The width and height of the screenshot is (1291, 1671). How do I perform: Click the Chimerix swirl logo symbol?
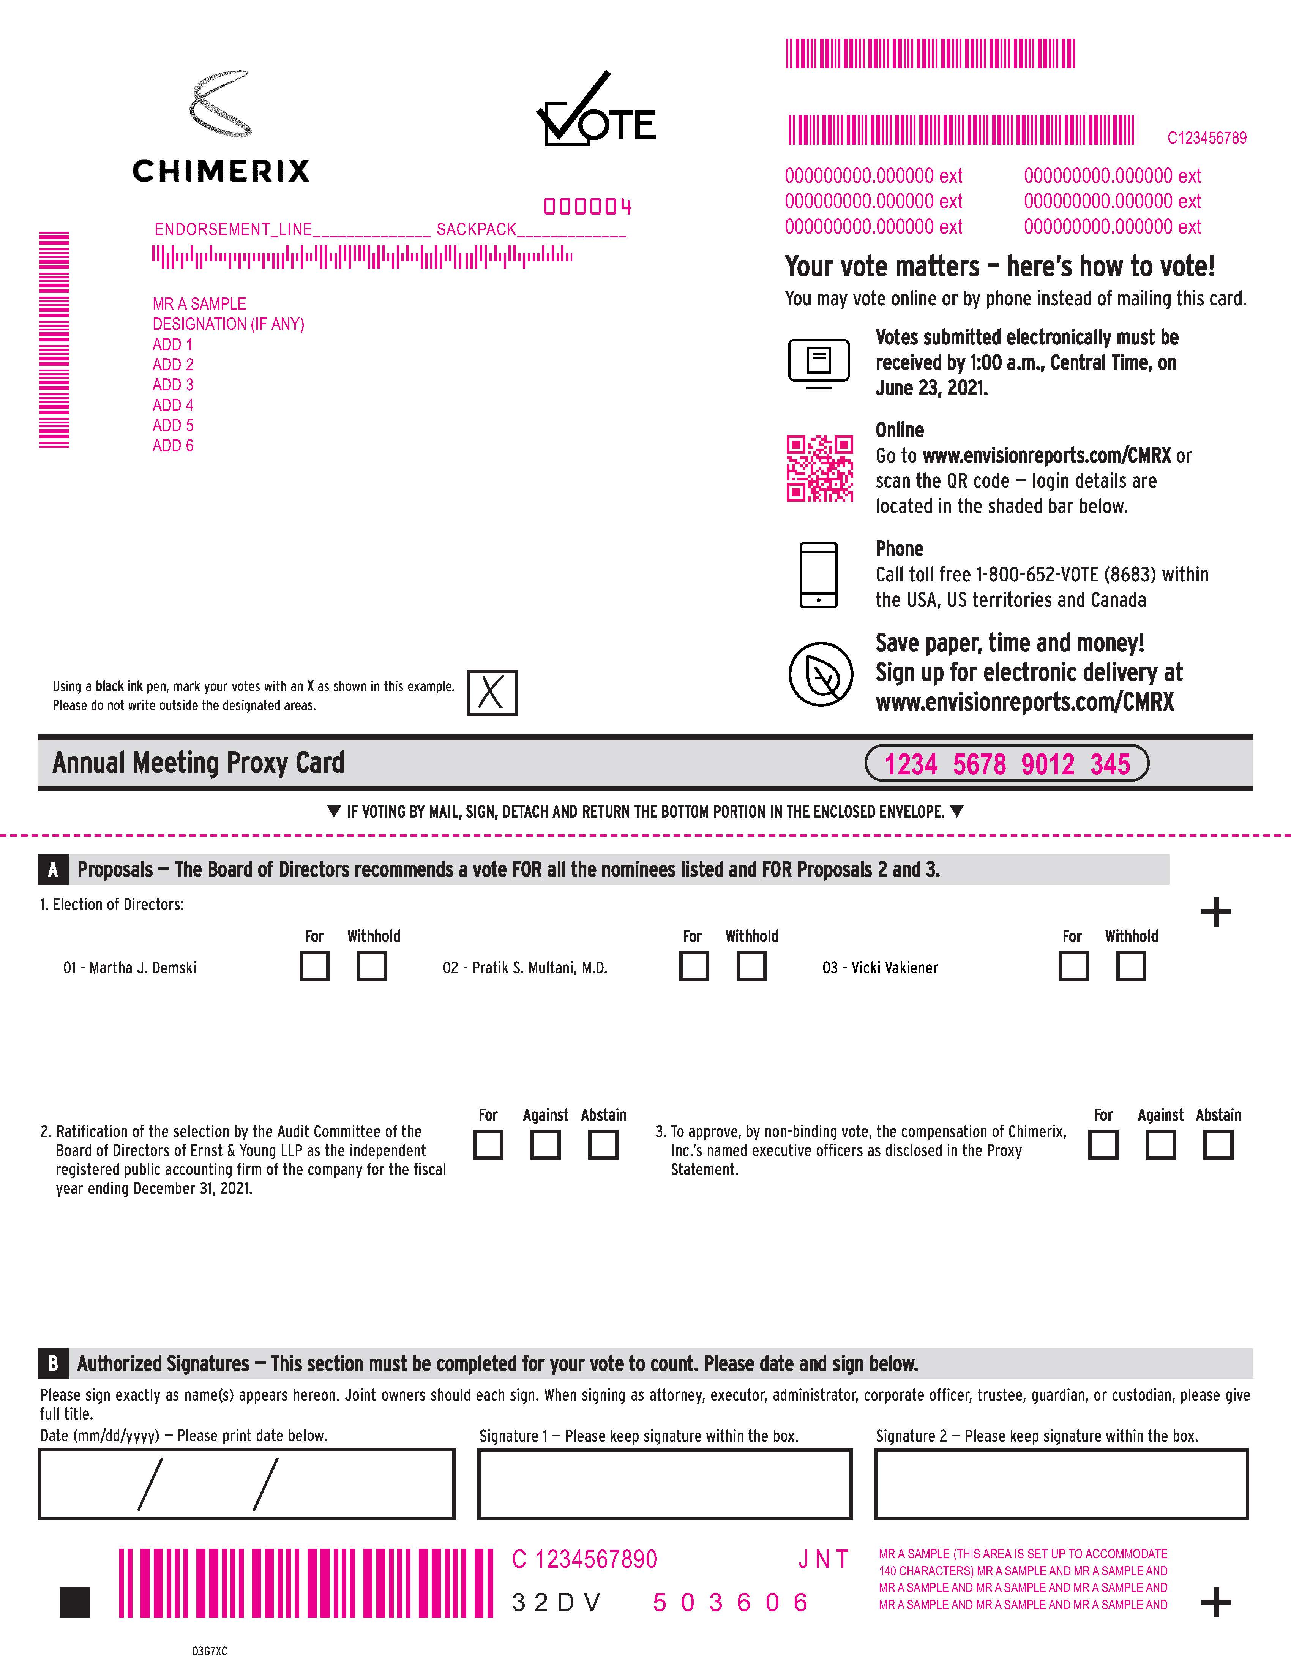pos(220,103)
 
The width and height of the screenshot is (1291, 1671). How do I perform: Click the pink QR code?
pos(820,468)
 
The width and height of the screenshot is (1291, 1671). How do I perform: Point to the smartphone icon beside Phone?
pos(818,575)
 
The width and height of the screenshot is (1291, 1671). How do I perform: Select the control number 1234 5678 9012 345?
pos(1007,764)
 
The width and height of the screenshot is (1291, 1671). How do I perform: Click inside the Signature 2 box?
pos(1061,1483)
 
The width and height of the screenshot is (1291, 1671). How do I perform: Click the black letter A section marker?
pos(53,870)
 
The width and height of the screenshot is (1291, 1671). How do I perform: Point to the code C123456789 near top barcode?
pos(1206,138)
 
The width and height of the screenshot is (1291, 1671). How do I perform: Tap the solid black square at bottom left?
pos(75,1602)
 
